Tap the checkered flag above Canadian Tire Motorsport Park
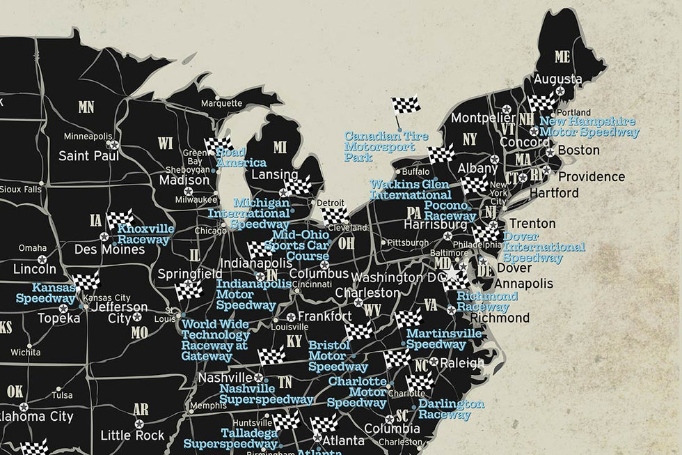click(x=405, y=107)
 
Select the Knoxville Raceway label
click(x=144, y=234)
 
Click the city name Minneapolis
click(x=88, y=136)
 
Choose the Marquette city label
click(x=221, y=103)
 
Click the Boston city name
click(x=578, y=150)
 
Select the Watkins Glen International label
click(x=410, y=190)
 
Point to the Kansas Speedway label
click(x=46, y=293)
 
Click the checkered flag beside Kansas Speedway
click(x=87, y=281)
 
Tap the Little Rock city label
click(x=132, y=435)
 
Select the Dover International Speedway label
click(x=544, y=247)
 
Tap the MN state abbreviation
click(x=86, y=107)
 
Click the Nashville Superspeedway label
click(x=266, y=394)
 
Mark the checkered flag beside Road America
click(x=217, y=145)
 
